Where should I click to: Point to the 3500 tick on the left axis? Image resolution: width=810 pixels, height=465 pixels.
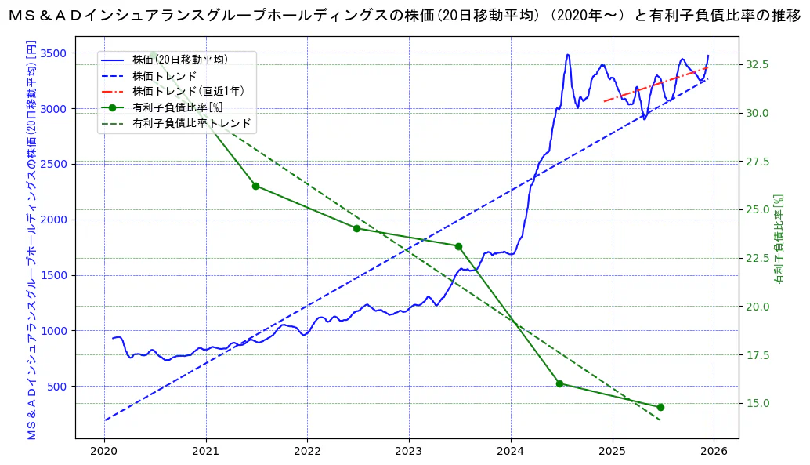pyautogui.click(x=56, y=53)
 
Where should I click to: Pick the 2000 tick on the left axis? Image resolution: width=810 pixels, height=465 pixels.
pyautogui.click(x=56, y=220)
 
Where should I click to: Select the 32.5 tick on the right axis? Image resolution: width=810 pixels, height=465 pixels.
pyautogui.click(x=758, y=64)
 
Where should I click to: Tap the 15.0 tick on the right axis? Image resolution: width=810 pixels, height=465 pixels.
pyautogui.click(x=758, y=403)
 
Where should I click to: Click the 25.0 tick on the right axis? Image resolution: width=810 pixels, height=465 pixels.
pyautogui.click(x=758, y=209)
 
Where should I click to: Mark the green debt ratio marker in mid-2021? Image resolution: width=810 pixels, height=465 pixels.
pyautogui.click(x=255, y=186)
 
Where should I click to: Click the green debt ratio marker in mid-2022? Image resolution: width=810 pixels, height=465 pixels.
pyautogui.click(x=356, y=228)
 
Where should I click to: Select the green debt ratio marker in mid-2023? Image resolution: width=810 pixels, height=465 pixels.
pyautogui.click(x=458, y=246)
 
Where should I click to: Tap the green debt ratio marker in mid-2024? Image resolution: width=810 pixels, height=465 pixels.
pyautogui.click(x=559, y=383)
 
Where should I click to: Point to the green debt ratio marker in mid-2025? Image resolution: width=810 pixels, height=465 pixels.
pyautogui.click(x=660, y=407)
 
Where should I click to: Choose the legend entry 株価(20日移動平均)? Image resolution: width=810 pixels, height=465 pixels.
pyautogui.click(x=180, y=60)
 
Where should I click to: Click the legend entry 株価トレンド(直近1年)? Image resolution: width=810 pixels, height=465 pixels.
pyautogui.click(x=188, y=92)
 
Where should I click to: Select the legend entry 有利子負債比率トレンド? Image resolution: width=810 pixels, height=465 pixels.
pyautogui.click(x=192, y=123)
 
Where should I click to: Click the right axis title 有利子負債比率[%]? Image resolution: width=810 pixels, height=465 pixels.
pyautogui.click(x=779, y=238)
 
